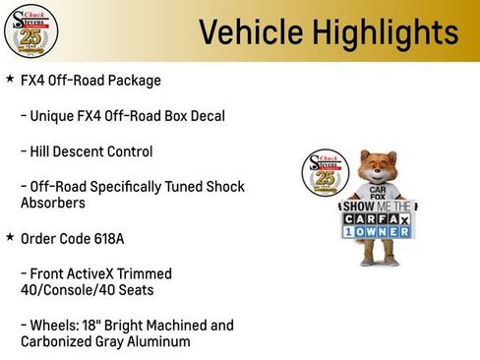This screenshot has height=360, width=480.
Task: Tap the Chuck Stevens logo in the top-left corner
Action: [30, 31]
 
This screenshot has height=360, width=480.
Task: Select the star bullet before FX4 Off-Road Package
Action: [10, 79]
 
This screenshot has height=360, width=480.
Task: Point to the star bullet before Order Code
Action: [10, 237]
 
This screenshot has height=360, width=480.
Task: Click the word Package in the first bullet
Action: [132, 80]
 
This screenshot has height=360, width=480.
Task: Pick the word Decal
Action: [205, 116]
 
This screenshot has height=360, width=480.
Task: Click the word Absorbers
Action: [53, 203]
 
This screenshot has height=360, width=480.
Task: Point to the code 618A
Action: [104, 238]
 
